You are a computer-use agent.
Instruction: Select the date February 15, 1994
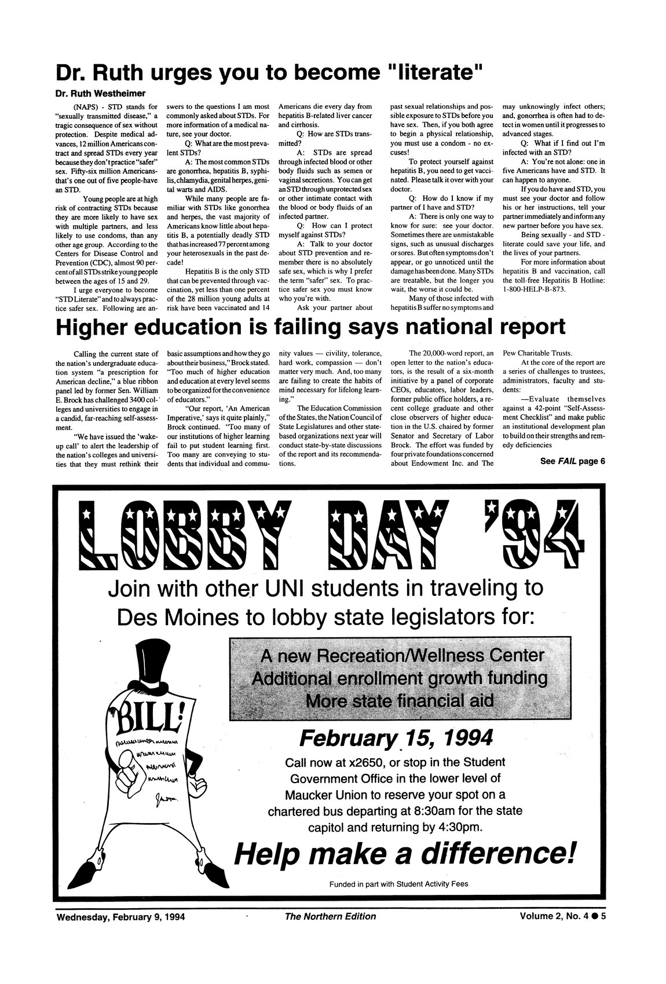click(x=396, y=738)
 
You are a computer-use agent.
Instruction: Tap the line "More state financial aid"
click(x=399, y=701)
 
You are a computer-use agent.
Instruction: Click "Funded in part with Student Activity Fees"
click(x=398, y=884)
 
